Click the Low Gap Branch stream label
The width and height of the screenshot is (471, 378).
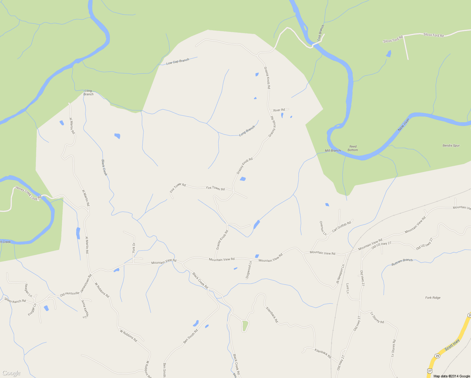(178, 61)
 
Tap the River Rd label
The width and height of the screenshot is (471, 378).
(279, 110)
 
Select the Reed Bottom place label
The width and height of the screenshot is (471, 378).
(353, 148)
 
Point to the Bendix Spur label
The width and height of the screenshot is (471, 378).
(451, 146)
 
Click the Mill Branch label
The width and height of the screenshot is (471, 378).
(333, 151)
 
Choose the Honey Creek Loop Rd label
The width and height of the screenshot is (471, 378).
(28, 193)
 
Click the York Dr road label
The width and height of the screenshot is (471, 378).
(133, 248)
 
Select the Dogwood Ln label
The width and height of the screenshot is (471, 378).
(248, 270)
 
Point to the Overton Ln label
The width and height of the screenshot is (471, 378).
(323, 228)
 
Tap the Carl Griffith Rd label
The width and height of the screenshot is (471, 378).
(341, 226)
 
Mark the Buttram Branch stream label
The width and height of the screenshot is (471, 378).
(402, 262)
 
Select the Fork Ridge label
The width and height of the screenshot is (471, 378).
(433, 298)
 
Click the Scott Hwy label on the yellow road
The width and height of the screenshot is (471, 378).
(452, 345)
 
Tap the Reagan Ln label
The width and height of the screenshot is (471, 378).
(28, 290)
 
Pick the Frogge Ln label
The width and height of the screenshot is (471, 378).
(32, 309)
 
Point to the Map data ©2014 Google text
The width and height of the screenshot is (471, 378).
(451, 376)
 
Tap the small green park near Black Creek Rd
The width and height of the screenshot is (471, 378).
(245, 325)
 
